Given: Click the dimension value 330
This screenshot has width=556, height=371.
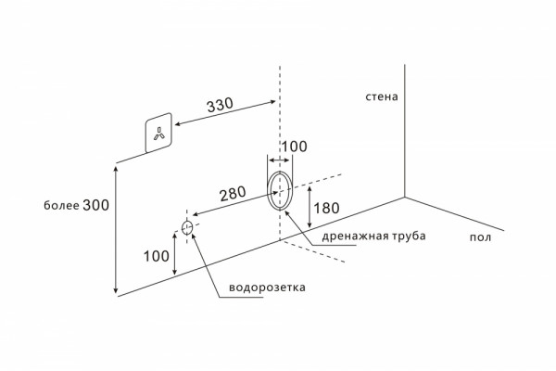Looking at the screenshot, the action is point(221,105).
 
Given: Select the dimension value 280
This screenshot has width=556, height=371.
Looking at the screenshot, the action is point(233,194).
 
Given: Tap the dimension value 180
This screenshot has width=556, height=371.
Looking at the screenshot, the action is point(326,208).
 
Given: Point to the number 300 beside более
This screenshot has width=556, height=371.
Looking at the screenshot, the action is point(95,205).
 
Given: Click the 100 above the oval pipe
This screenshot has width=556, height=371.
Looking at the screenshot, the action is point(295,147).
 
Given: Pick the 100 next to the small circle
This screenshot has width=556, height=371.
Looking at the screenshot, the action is point(156,256).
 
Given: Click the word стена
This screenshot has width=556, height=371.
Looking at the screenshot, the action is point(382,96).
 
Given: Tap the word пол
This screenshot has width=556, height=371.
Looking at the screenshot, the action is point(480,237).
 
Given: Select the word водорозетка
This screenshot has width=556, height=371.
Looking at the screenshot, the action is point(267,287).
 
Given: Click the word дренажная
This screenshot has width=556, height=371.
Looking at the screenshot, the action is point(356,237).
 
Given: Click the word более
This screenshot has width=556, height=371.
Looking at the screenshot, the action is point(61,206).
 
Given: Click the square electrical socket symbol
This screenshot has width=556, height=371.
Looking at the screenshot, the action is point(158,133).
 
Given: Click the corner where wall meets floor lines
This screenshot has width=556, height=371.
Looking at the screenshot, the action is point(405,197).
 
